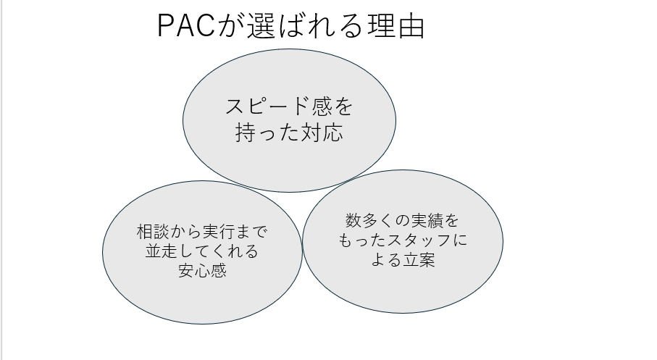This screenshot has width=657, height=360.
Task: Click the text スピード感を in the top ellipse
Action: pyautogui.click(x=289, y=107)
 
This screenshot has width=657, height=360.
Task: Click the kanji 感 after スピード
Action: pyautogui.click(x=327, y=107)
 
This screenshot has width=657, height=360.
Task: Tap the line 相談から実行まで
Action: pyautogui.click(x=202, y=233)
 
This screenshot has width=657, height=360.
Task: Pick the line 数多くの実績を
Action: pyautogui.click(x=402, y=220)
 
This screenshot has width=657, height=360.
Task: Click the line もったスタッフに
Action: pyautogui.click(x=402, y=240)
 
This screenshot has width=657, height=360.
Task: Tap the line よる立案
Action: pyautogui.click(x=402, y=259)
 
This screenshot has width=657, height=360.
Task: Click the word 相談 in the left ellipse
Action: pyautogui.click(x=156, y=233)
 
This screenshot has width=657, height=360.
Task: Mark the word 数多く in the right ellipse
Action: pyautogui.click(x=363, y=220)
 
